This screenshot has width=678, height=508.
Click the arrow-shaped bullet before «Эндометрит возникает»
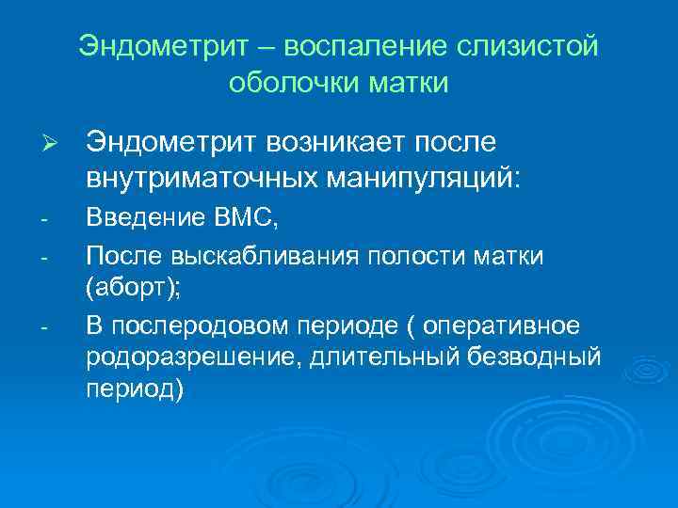[x=53, y=144]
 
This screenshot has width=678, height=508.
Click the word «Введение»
[x=143, y=220]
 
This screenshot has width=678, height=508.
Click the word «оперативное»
[x=504, y=326]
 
